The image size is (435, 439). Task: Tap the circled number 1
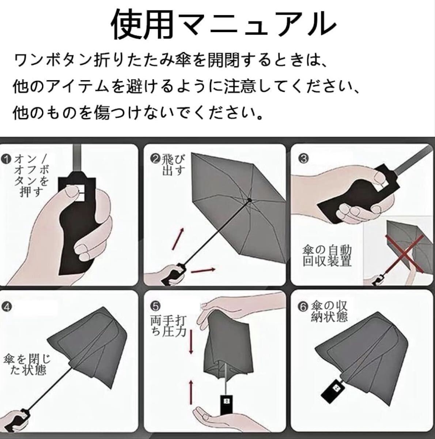pyautogui.click(x=7, y=160)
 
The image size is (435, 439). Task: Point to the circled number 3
pyautogui.click(x=304, y=158)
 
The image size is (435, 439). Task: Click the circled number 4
pyautogui.click(x=7, y=307)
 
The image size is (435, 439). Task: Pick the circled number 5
pyautogui.click(x=156, y=305)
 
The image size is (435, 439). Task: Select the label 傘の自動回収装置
pyautogui.click(x=327, y=256)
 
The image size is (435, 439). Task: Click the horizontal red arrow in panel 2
pyautogui.click(x=203, y=270)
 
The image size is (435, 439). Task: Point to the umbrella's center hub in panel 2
pyautogui.click(x=250, y=200)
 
